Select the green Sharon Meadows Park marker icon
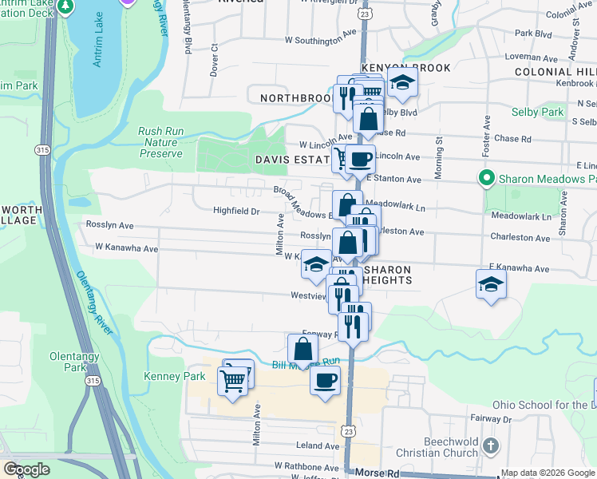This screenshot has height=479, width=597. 484,178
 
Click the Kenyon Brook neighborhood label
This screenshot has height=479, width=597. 405,69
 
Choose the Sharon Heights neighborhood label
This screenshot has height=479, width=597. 386,275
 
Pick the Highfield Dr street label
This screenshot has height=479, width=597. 236,212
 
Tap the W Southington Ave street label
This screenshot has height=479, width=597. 319,38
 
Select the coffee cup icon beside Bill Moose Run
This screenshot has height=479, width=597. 325,380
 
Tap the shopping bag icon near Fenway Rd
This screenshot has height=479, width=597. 302,349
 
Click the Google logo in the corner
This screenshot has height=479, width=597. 26,470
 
